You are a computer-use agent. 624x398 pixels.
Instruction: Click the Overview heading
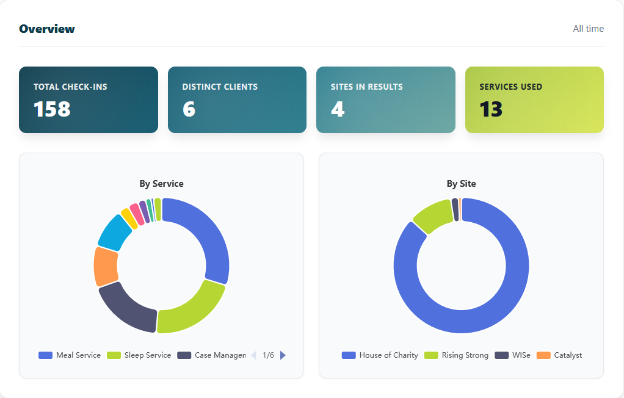click(x=47, y=29)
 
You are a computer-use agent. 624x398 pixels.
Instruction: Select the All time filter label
click(x=588, y=29)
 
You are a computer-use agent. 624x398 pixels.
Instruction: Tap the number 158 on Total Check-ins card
click(x=52, y=109)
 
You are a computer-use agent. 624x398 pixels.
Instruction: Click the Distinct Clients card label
click(x=220, y=87)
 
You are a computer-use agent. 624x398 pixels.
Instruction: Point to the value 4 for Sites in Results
click(x=338, y=109)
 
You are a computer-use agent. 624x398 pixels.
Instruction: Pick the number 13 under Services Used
click(x=491, y=109)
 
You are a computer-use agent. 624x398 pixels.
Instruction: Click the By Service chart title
click(x=161, y=183)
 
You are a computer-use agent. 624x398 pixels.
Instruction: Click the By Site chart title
click(x=461, y=183)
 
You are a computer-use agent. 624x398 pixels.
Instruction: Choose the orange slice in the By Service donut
click(x=106, y=266)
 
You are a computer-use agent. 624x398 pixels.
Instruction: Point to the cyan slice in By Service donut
click(x=114, y=231)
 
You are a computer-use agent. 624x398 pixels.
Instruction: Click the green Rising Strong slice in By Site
click(x=432, y=215)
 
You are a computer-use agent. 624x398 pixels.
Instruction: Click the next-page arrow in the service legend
click(x=283, y=355)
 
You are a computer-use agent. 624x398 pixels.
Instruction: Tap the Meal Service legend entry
click(x=70, y=355)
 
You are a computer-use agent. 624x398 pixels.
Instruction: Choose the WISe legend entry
click(x=513, y=355)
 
